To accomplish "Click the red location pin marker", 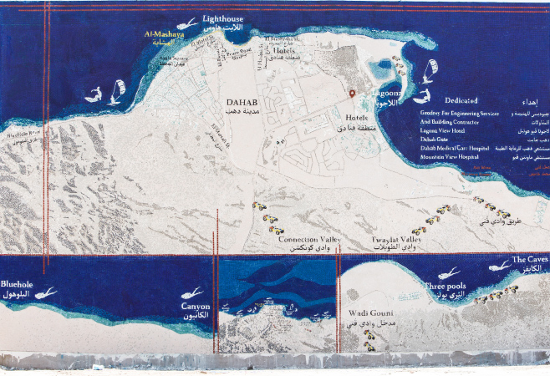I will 352,94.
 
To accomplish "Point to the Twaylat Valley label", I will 398,240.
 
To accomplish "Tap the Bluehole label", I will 18,284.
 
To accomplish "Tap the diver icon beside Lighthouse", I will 188,23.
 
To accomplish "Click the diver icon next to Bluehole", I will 46,293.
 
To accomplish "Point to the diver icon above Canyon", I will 191,293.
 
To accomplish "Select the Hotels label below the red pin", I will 356,119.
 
